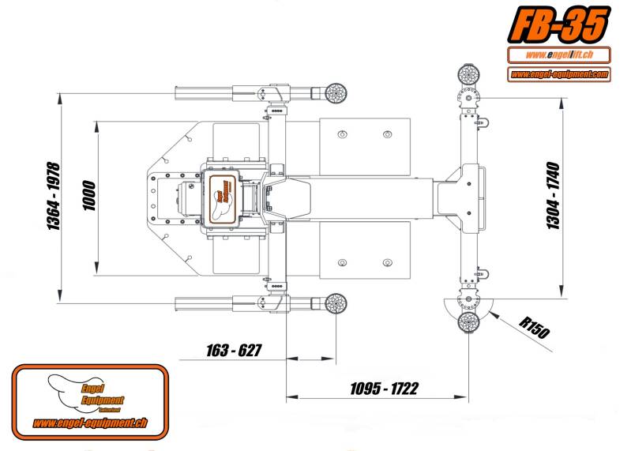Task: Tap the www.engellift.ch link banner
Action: (x=558, y=55)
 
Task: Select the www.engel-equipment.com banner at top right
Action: (x=558, y=74)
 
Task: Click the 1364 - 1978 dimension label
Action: (x=54, y=197)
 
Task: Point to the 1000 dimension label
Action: (x=88, y=197)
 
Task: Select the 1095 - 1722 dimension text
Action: (x=385, y=389)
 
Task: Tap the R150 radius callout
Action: (x=535, y=327)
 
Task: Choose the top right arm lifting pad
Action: (x=469, y=76)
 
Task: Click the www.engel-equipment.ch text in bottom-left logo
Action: (x=90, y=423)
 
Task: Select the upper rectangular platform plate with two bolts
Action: (x=364, y=146)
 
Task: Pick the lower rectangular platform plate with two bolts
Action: (x=364, y=250)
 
